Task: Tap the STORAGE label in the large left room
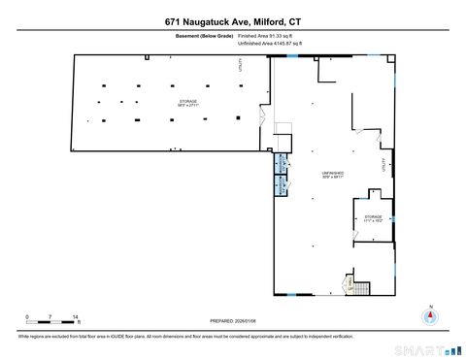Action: [x=187, y=101]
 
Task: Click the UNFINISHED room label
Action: [x=333, y=172]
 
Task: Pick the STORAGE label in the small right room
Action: [x=374, y=216]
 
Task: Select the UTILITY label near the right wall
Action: [x=384, y=165]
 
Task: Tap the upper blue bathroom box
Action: [x=283, y=164]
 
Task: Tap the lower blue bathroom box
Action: [x=283, y=181]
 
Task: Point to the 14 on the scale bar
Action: [x=76, y=317]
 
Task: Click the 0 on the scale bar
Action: [x=28, y=317]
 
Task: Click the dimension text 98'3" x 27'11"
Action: [x=187, y=106]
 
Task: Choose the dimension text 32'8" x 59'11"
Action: [x=333, y=177]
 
